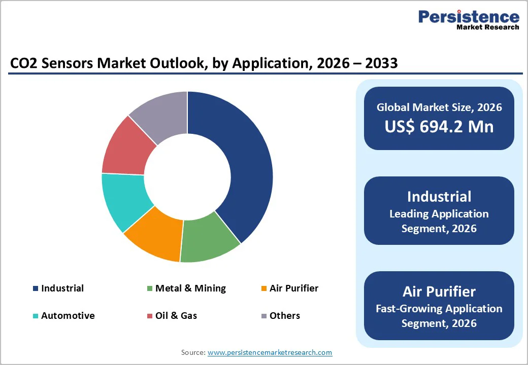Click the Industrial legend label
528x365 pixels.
(x=62, y=288)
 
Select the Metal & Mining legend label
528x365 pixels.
(x=190, y=288)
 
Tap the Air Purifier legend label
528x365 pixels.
(x=294, y=288)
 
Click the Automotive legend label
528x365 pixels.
(x=68, y=316)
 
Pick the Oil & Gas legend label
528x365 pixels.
(x=176, y=316)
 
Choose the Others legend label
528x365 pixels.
(x=285, y=316)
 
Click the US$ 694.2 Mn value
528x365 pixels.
(x=439, y=126)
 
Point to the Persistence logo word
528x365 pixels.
(x=469, y=17)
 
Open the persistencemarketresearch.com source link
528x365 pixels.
(x=270, y=352)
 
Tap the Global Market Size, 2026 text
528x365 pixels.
(x=439, y=107)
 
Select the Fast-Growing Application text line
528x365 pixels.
(x=439, y=308)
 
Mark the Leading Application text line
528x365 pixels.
(x=439, y=214)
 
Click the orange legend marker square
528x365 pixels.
(x=263, y=289)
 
